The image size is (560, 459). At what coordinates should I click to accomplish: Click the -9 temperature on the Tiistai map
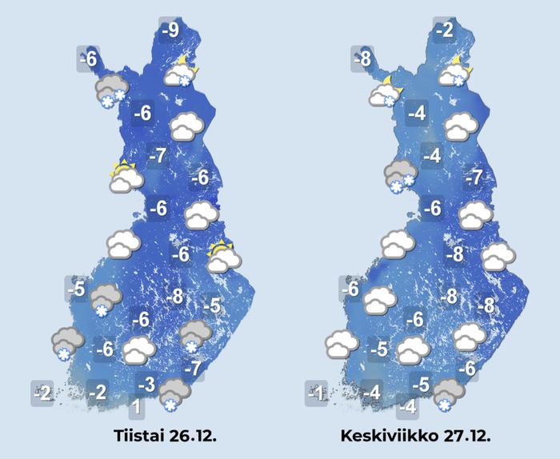pos(170,30)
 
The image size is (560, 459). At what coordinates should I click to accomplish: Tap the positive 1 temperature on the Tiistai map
pos(137,408)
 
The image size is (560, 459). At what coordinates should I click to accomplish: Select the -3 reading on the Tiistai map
pos(146,384)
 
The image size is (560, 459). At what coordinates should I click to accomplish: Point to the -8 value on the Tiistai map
pos(174,297)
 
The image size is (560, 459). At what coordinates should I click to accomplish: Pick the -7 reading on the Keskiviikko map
pos(474,178)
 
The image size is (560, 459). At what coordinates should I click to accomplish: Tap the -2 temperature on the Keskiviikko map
pos(444,30)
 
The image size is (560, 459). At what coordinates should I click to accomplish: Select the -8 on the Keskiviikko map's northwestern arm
pos(362,59)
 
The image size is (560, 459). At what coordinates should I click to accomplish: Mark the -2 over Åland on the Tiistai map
pos(43,393)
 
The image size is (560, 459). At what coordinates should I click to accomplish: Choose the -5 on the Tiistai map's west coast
pos(77,289)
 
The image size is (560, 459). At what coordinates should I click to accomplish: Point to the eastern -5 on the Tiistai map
pos(212,305)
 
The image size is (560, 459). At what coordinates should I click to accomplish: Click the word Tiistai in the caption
pos(137,437)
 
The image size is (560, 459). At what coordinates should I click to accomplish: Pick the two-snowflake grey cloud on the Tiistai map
pos(110,90)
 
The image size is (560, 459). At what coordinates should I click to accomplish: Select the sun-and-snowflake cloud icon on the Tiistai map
pos(181,72)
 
